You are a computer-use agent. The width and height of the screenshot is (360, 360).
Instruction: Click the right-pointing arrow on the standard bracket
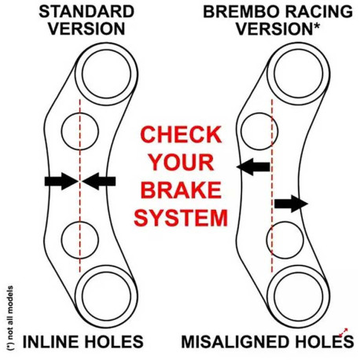click(x=59, y=182)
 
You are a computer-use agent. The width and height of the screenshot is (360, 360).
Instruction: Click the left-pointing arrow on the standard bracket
click(x=99, y=182)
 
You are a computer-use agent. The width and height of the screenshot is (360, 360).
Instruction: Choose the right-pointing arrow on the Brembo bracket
click(x=291, y=204)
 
